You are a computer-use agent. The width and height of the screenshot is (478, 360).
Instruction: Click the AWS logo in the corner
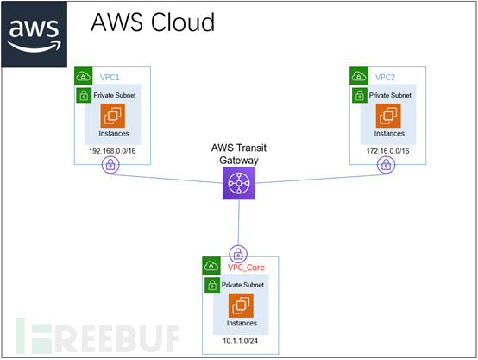pyautogui.click(x=35, y=35)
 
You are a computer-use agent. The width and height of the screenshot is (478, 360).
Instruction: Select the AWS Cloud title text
pyautogui.click(x=153, y=22)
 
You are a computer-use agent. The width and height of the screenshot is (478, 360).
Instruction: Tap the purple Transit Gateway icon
pyautogui.click(x=239, y=183)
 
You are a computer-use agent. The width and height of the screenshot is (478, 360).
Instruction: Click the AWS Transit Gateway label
pyautogui.click(x=239, y=154)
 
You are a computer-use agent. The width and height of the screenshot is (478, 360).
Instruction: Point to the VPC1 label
pyautogui.click(x=110, y=77)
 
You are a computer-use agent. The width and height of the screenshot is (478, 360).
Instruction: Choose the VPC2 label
pyautogui.click(x=385, y=77)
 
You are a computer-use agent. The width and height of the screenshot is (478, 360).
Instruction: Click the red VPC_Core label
pyautogui.click(x=246, y=268)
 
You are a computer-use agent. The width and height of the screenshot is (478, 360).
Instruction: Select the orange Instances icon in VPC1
pyautogui.click(x=113, y=116)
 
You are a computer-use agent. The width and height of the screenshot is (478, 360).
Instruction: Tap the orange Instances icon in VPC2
pyautogui.click(x=388, y=116)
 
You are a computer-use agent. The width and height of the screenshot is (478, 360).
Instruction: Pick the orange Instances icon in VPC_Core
pyautogui.click(x=241, y=306)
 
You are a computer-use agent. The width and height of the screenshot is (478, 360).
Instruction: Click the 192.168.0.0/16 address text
pyautogui.click(x=112, y=151)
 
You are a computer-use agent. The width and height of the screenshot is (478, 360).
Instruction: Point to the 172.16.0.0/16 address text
pyautogui.click(x=387, y=151)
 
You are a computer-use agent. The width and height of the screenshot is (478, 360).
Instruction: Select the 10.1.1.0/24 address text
pyautogui.click(x=240, y=341)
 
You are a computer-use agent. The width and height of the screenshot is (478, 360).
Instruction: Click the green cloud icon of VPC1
pyautogui.click(x=84, y=76)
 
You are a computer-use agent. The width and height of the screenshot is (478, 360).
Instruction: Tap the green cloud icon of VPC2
pyautogui.click(x=359, y=76)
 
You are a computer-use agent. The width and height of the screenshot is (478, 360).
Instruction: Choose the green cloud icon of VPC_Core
pyautogui.click(x=211, y=266)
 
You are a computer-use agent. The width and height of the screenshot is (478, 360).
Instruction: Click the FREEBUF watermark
pyautogui.click(x=97, y=336)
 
